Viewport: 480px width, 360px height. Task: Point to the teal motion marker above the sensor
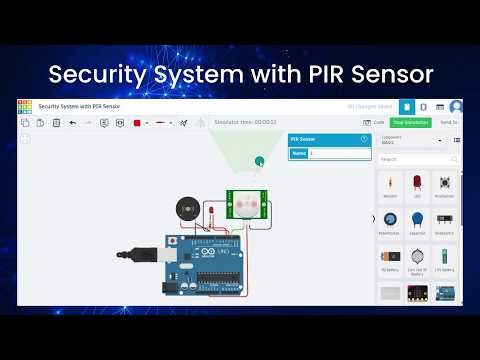pyautogui.click(x=259, y=161)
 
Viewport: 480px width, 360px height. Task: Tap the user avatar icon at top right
pyautogui.click(x=456, y=106)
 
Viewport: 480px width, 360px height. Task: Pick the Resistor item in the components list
pyautogui.click(x=389, y=186)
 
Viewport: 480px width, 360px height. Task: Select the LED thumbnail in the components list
pyautogui.click(x=417, y=184)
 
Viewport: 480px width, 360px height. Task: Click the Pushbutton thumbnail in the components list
pyautogui.click(x=444, y=184)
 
